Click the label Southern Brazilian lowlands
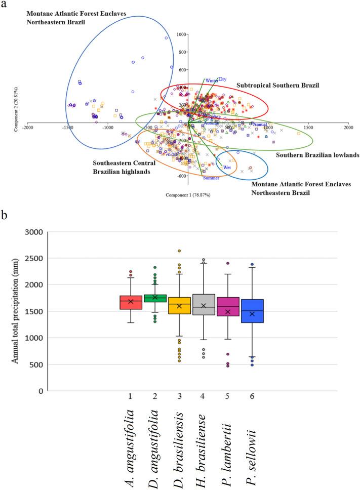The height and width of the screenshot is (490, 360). pyautogui.click(x=317, y=155)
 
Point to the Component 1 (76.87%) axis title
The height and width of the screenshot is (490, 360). pyautogui.click(x=187, y=194)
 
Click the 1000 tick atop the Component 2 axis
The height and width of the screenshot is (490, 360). pyautogui.click(x=181, y=34)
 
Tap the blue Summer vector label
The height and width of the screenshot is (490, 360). pyautogui.click(x=211, y=178)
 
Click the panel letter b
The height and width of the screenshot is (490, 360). pyautogui.click(x=5, y=215)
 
